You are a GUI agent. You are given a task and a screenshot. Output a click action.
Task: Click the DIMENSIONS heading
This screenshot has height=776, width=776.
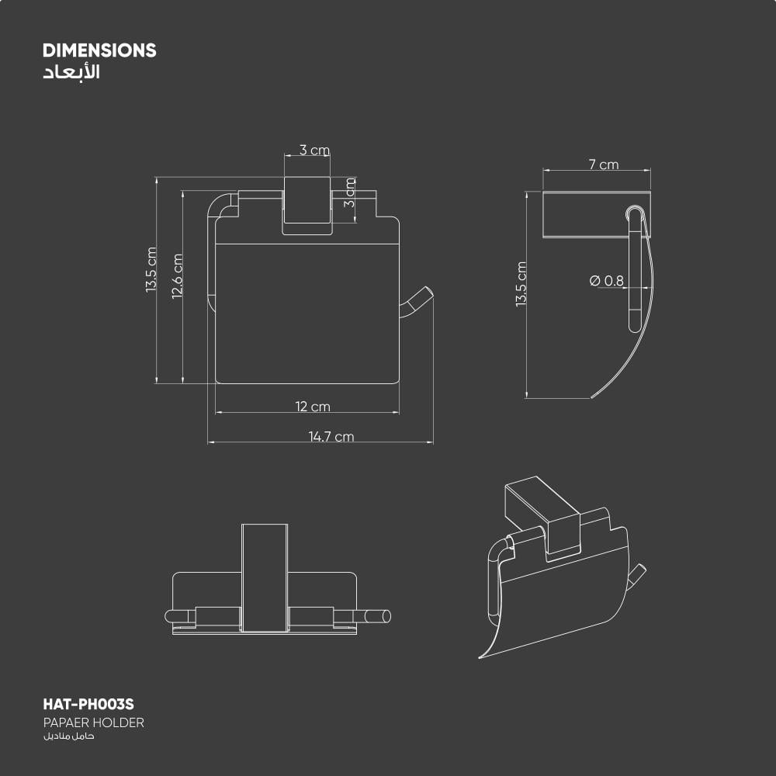[x=99, y=50]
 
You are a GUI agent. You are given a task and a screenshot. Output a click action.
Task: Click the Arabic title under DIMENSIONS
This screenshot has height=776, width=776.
[x=71, y=71]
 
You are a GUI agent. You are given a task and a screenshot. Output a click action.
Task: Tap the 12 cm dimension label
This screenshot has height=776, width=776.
[x=313, y=407]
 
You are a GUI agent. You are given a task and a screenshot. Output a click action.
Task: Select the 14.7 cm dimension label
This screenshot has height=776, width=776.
[x=331, y=436]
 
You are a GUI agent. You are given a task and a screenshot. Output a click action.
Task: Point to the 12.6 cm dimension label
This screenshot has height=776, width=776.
[x=177, y=276]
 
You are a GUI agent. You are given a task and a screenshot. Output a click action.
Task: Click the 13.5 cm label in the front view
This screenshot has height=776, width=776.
[x=151, y=270]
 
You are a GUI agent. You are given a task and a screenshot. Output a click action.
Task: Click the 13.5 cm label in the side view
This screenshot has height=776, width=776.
[x=521, y=285]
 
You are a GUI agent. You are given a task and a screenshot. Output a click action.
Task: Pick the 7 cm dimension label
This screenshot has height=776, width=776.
[x=603, y=165]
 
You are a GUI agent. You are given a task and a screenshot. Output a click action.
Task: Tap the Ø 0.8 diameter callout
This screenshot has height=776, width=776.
[x=607, y=281]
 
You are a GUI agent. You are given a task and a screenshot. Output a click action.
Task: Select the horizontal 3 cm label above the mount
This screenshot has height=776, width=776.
[x=314, y=150]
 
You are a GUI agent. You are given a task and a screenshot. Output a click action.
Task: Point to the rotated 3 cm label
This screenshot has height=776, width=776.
[x=350, y=192]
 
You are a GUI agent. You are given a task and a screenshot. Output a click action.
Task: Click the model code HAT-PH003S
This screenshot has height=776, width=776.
[x=88, y=705]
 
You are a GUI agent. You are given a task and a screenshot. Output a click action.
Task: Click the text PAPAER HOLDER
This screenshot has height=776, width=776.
[x=94, y=722]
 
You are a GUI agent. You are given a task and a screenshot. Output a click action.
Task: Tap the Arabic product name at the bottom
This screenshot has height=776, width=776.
[x=69, y=736]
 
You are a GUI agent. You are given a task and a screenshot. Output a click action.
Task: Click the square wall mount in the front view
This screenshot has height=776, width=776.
[x=307, y=205]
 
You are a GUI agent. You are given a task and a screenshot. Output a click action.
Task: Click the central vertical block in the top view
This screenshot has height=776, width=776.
[x=265, y=578]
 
